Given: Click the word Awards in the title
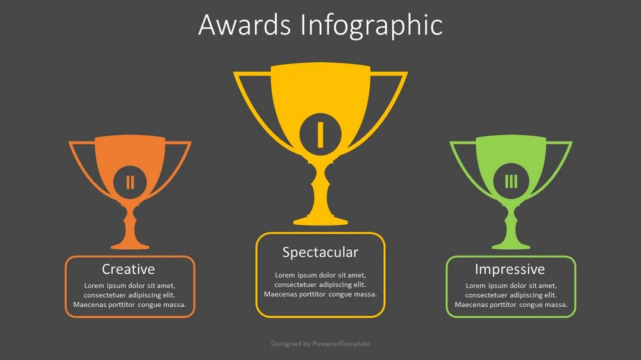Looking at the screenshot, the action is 244,25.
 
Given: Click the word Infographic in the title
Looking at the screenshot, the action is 372,26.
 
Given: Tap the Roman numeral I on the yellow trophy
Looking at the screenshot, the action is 320,135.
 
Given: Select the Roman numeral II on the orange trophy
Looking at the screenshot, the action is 130,183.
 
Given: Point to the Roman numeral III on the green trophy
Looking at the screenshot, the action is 511,181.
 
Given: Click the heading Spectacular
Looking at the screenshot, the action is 320,252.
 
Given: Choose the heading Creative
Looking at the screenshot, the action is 128,269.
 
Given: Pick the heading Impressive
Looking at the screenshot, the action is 510,269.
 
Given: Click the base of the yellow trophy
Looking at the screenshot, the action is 320,221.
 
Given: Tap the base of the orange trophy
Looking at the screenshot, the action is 130,245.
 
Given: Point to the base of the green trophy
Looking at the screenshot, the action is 511,245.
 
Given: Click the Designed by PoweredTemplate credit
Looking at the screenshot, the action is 320,343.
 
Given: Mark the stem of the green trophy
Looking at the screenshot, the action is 511,223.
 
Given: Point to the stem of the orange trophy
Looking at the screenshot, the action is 130,223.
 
